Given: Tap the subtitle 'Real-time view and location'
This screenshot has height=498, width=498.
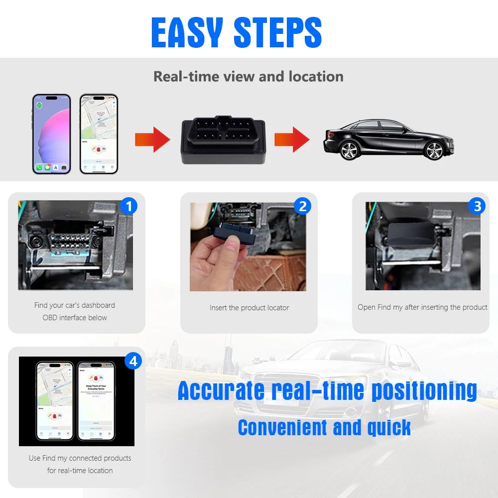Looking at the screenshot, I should point(248,76).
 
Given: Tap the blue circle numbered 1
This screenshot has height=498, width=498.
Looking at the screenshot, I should point(129,205).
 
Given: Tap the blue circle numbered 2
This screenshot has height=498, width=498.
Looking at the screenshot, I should point(302,205).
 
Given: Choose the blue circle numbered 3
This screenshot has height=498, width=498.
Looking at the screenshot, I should point(477,205).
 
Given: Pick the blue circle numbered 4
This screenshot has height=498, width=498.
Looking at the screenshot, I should point(132,361).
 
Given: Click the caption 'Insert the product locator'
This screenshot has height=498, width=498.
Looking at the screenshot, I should point(249,308).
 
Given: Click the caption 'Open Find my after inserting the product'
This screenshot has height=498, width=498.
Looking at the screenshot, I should point(422,307).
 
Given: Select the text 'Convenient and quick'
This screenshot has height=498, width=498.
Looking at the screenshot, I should point(324,427).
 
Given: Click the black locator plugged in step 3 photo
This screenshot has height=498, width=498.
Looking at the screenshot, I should point(411,234).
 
